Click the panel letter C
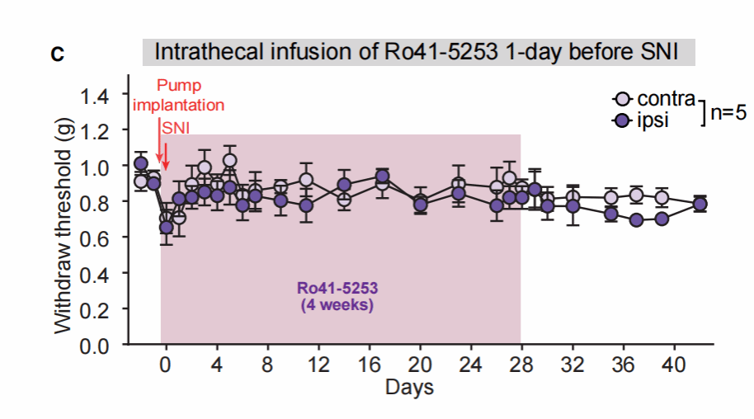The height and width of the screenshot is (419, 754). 57,55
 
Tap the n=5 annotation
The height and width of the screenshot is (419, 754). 728,112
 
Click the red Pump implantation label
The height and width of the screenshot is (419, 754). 179,96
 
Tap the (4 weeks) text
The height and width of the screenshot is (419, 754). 338,305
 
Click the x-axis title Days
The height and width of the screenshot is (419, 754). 409,386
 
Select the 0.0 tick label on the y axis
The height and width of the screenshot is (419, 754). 103,345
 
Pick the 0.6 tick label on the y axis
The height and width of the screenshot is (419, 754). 103,238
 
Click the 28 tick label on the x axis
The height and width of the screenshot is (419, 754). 521,365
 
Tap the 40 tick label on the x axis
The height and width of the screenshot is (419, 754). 674,365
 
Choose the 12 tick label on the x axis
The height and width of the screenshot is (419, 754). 318,365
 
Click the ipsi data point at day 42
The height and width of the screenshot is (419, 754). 700,205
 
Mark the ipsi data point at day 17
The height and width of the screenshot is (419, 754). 382,177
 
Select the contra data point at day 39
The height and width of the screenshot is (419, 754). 662,197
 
